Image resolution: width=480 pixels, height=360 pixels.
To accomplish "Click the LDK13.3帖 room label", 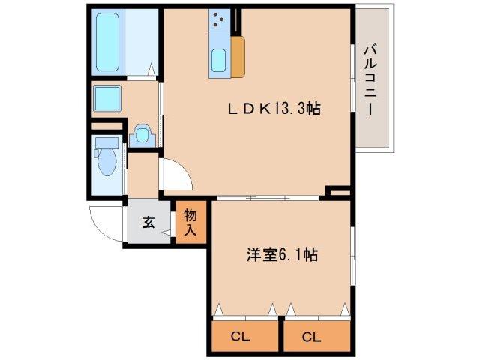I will [x=274, y=109].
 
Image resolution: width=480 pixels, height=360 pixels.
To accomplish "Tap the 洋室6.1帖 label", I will [x=282, y=255].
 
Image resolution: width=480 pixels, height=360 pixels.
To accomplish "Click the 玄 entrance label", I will [x=148, y=222].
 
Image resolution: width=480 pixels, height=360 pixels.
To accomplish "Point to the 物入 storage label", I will [x=190, y=223].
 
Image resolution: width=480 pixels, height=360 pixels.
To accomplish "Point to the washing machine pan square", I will [x=106, y=97].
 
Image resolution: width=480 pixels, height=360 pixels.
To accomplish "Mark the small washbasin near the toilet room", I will [x=141, y=136].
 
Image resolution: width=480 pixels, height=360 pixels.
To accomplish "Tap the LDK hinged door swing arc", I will [x=177, y=175].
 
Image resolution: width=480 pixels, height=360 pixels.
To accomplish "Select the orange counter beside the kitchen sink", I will [x=238, y=55].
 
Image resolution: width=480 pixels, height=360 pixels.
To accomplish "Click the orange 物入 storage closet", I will [x=190, y=223].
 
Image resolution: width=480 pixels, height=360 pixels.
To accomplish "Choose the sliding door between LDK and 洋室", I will [x=270, y=199].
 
